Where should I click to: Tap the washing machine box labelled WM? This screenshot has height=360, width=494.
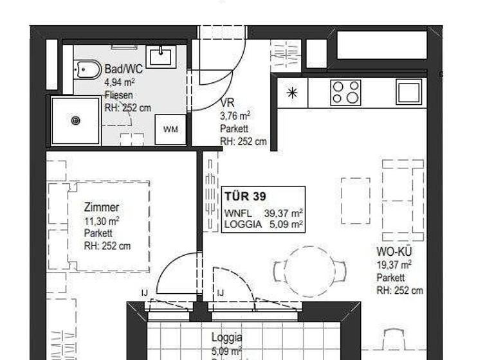(170, 129)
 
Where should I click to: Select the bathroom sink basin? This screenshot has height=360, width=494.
(160, 57)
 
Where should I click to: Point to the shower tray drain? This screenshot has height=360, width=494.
(76, 120)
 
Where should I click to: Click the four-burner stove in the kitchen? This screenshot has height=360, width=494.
(345, 93)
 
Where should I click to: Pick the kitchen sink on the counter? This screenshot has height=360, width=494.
(408, 92)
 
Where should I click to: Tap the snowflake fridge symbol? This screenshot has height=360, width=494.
(292, 93)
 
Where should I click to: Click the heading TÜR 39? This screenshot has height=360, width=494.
(245, 197)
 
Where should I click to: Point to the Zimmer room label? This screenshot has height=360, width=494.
(101, 208)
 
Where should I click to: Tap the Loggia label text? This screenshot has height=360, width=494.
(227, 337)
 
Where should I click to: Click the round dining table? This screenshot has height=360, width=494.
(309, 271)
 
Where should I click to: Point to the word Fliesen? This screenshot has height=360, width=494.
(118, 95)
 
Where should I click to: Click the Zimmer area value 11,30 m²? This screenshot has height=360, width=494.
(102, 221)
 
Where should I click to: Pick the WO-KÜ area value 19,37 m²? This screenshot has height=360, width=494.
(394, 265)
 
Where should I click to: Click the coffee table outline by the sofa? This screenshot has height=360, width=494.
(355, 201)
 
